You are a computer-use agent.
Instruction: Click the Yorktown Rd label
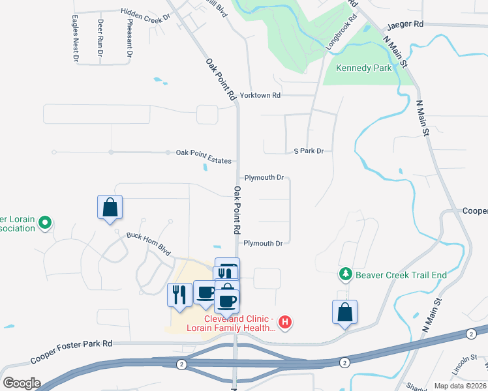(x=260, y=95)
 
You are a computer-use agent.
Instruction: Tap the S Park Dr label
(x=309, y=151)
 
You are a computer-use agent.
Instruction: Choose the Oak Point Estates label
(x=204, y=152)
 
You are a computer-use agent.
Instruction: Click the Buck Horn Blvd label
(x=148, y=244)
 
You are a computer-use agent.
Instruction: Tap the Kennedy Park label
(x=363, y=68)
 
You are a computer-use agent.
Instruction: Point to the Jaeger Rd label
(x=405, y=25)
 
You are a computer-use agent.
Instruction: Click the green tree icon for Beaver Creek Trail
(x=345, y=275)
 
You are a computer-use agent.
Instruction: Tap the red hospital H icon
(x=284, y=321)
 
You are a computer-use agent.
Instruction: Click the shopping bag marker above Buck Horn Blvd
(x=110, y=208)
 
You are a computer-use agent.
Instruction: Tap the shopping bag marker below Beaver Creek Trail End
(x=344, y=312)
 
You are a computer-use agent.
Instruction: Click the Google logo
(x=22, y=383)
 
